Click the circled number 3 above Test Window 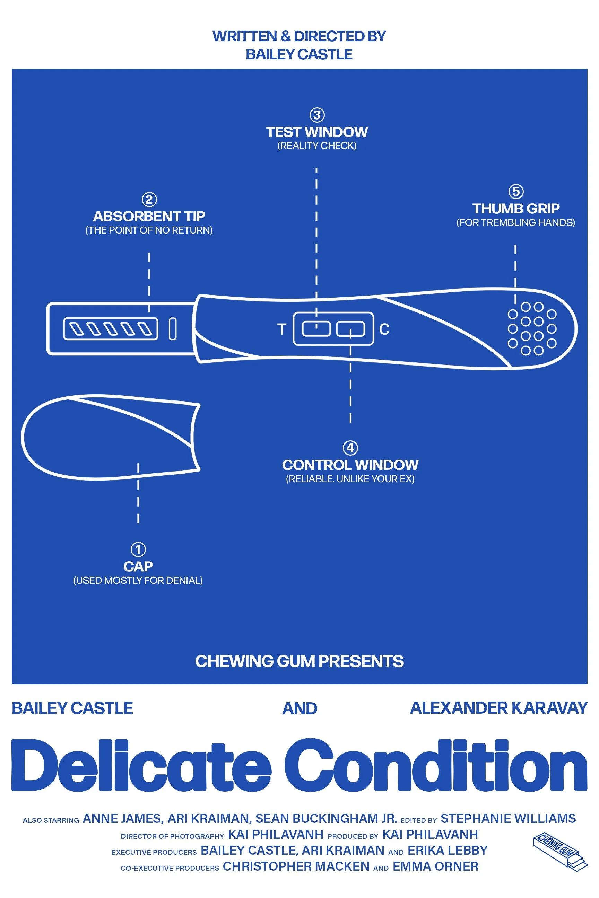click(x=317, y=115)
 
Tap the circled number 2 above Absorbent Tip click(x=149, y=199)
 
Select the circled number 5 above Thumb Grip click(x=516, y=191)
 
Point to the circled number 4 click(x=350, y=448)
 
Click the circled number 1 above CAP click(x=138, y=549)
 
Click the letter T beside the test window click(x=282, y=329)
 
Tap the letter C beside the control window click(x=384, y=329)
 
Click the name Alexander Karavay click(x=498, y=708)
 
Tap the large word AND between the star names click(x=299, y=708)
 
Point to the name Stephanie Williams click(x=508, y=819)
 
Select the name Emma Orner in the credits click(x=435, y=867)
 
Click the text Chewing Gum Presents click(x=299, y=661)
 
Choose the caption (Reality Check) click(x=317, y=146)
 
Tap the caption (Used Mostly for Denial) click(x=138, y=580)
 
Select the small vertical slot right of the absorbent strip click(x=173, y=328)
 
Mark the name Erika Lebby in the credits click(x=447, y=851)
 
